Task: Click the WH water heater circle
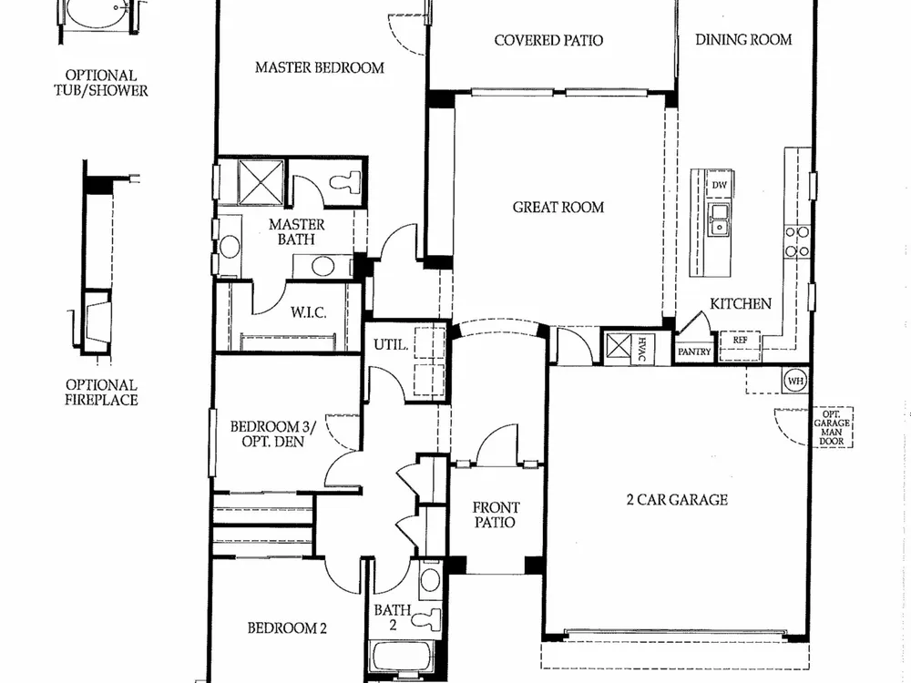tap(795, 381)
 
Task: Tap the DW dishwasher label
tap(720, 185)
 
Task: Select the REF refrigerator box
tap(740, 346)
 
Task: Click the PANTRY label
tap(694, 352)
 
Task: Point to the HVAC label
tap(642, 349)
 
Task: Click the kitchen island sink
tap(720, 219)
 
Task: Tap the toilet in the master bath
tap(345, 182)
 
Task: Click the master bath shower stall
tap(261, 182)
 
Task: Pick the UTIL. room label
tap(391, 345)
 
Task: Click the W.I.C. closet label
tap(309, 312)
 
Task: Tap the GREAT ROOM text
tap(558, 208)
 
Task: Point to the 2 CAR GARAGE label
tap(678, 499)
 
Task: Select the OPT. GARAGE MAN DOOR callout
tap(832, 427)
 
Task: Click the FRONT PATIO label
tap(496, 515)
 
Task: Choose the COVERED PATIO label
tap(548, 40)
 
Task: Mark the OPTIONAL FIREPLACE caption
tap(101, 392)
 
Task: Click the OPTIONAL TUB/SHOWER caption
tap(101, 83)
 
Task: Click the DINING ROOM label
tap(743, 39)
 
